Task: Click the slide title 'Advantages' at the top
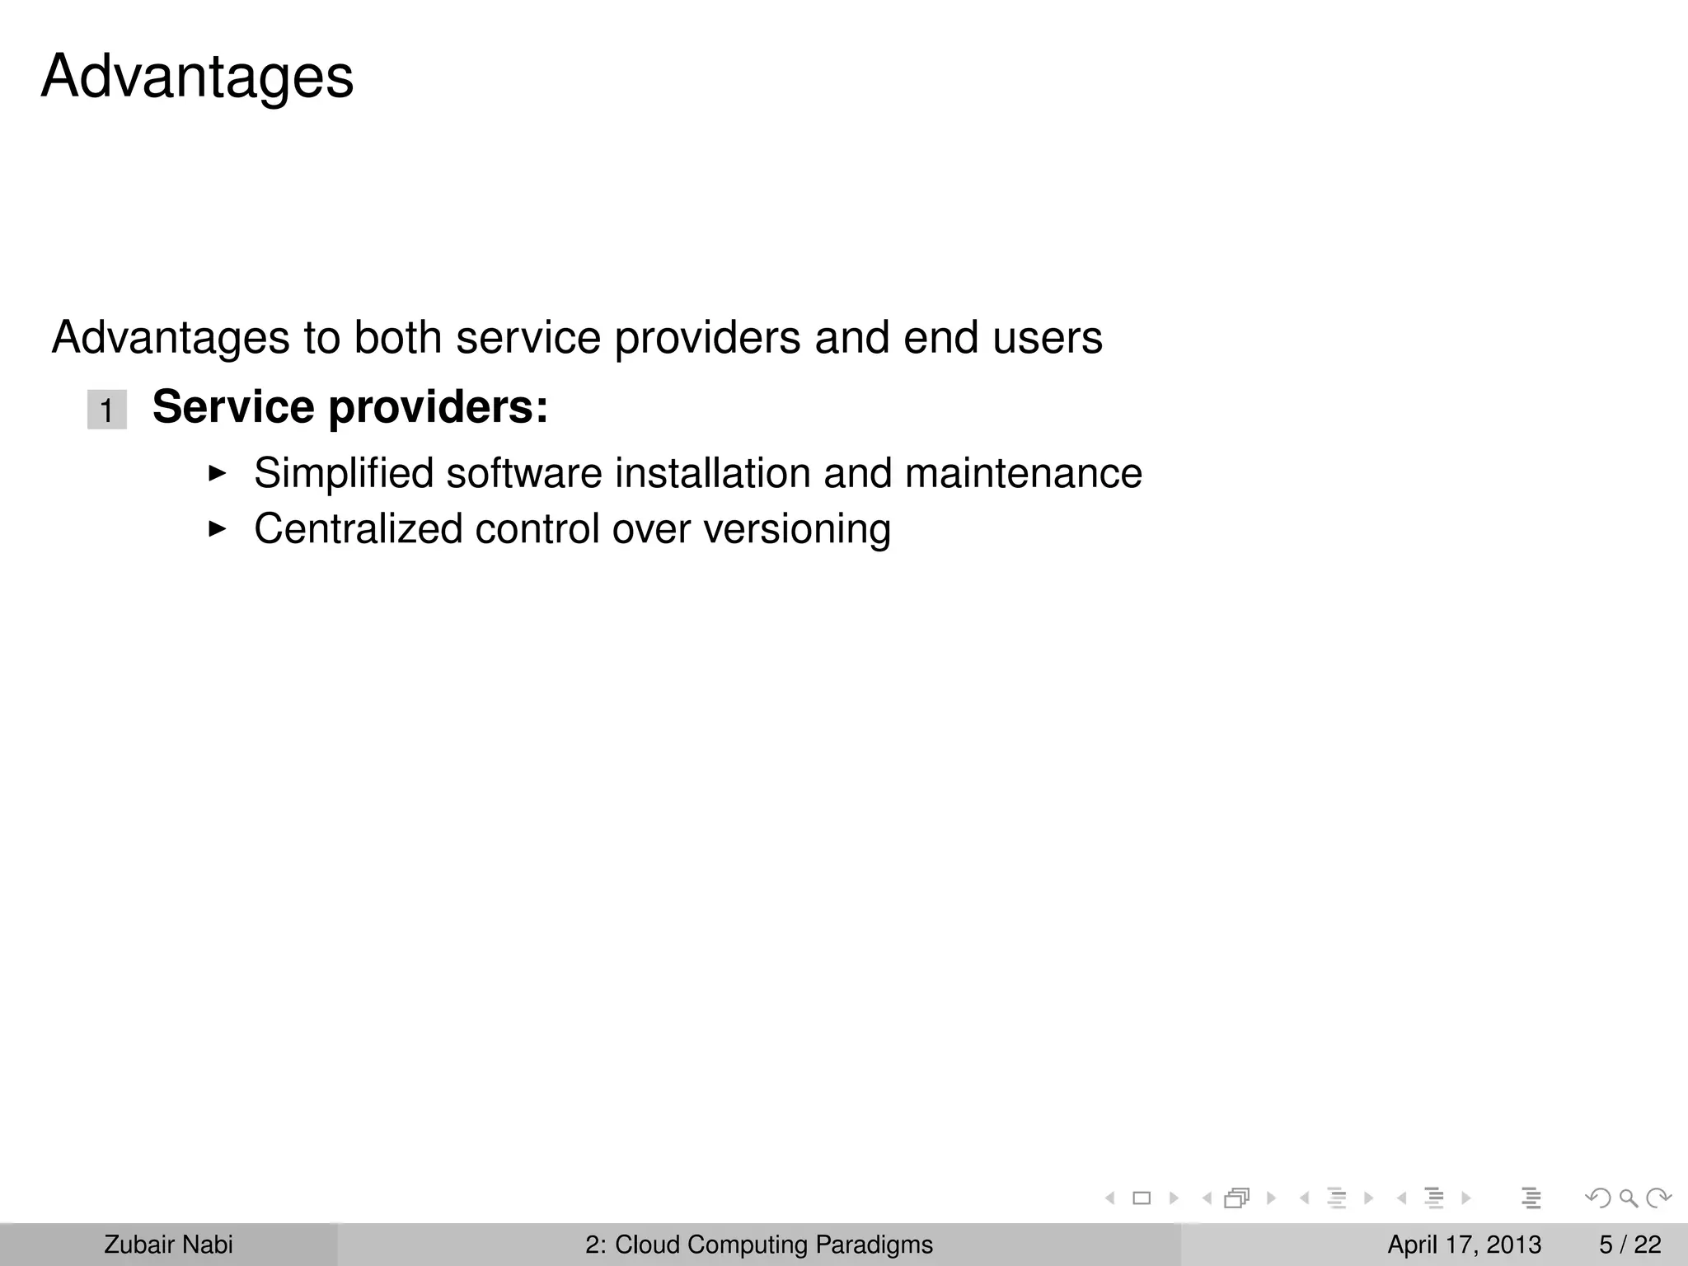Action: tap(197, 77)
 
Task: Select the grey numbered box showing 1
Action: tap(107, 410)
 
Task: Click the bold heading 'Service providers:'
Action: tap(350, 407)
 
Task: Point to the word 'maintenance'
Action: tap(1023, 474)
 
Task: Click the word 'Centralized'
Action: tap(358, 529)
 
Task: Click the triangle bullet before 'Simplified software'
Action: tap(217, 473)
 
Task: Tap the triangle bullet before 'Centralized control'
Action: tap(217, 528)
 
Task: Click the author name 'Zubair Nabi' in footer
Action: tap(168, 1245)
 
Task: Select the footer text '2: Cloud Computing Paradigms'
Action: tap(759, 1245)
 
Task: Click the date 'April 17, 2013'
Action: tap(1464, 1245)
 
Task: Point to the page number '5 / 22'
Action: tap(1630, 1245)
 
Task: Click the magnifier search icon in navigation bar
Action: tap(1628, 1198)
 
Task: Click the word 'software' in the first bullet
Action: tap(524, 474)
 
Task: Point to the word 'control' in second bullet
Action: tap(537, 529)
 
